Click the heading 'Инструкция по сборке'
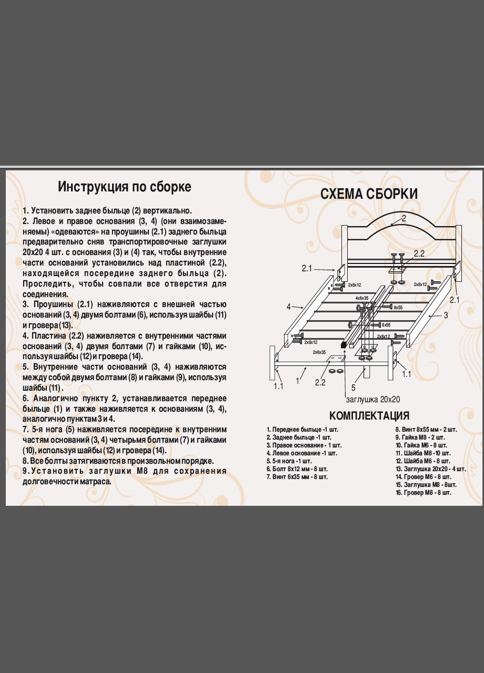click(125, 187)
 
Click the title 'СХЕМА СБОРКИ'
click(369, 194)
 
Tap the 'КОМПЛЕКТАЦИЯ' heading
click(369, 416)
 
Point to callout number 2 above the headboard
click(404, 218)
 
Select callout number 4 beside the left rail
click(289, 307)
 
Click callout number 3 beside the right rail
click(445, 315)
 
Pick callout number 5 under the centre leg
click(354, 388)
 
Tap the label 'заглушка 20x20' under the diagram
click(374, 399)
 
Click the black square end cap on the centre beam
click(344, 345)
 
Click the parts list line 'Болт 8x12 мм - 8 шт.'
click(297, 469)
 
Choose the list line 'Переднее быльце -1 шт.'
click(302, 430)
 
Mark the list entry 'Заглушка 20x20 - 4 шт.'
click(430, 469)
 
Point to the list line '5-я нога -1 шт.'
click(289, 461)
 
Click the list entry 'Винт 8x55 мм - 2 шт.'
click(426, 430)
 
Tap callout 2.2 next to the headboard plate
click(419, 253)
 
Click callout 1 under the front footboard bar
click(298, 380)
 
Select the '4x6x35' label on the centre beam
click(362, 298)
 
